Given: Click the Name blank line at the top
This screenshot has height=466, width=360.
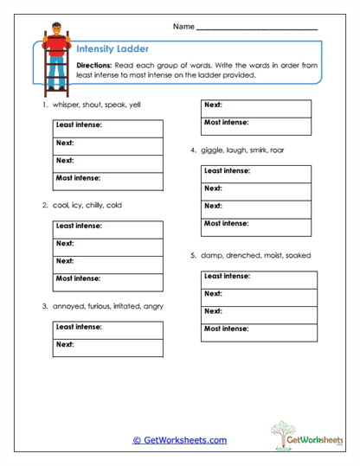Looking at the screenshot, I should click(257, 28).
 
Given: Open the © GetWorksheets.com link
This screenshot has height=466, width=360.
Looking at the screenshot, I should click(179, 439).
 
